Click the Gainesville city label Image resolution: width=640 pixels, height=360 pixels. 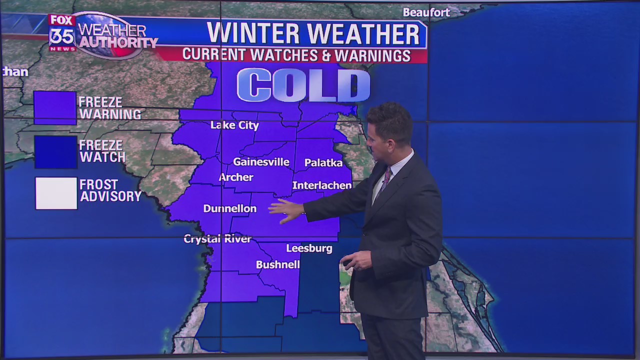261,161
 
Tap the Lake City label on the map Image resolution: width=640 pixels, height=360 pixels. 234,125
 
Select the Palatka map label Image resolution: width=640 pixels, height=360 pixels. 323,162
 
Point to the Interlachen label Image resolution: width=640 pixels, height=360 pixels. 322,185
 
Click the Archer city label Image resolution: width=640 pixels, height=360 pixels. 236,177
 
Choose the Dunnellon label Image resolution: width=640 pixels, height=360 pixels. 229,208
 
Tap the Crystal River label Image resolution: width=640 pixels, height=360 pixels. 217,239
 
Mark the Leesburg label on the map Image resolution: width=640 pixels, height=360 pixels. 309,248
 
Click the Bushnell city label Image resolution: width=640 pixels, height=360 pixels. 277,264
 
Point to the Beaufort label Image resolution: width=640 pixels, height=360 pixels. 426,12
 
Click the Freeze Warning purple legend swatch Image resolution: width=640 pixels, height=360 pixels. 55,107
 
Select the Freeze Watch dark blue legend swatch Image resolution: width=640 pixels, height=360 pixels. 55,151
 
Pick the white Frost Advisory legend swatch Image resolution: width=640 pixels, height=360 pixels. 56,193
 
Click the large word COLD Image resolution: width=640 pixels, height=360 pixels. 303,84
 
